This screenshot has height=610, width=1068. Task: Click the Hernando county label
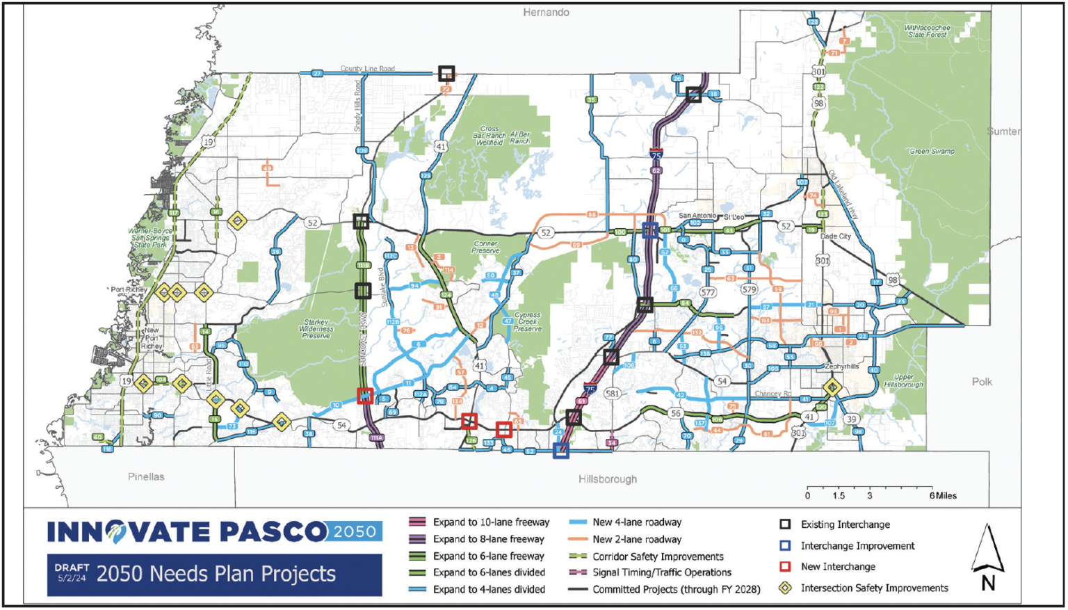point(546,13)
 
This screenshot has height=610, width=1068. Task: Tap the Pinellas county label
point(146,477)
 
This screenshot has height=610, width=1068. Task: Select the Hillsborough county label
point(607,479)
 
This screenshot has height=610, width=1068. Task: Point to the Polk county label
point(982,382)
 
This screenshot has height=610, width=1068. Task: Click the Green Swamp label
point(932,151)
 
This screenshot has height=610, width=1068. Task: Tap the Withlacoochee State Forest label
point(928,31)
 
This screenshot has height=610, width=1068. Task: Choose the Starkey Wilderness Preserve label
point(316,329)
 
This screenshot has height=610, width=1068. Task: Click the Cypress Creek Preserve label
point(528,321)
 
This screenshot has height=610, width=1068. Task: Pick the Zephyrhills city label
point(841,367)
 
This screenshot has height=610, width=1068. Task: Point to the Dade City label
point(835,236)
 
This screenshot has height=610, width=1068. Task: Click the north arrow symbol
point(987,556)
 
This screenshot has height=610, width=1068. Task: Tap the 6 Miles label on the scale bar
point(943,496)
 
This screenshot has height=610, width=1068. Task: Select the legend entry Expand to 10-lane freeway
point(490,522)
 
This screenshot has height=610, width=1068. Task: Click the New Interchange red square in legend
point(785,567)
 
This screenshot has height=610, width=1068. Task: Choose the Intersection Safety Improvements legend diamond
point(785,588)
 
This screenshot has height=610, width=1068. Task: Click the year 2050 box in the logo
point(355,532)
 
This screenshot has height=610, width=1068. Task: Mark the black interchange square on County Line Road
point(446,73)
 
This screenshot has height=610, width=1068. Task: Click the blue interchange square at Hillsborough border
point(561,451)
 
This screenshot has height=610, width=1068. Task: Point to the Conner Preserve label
point(485,248)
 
